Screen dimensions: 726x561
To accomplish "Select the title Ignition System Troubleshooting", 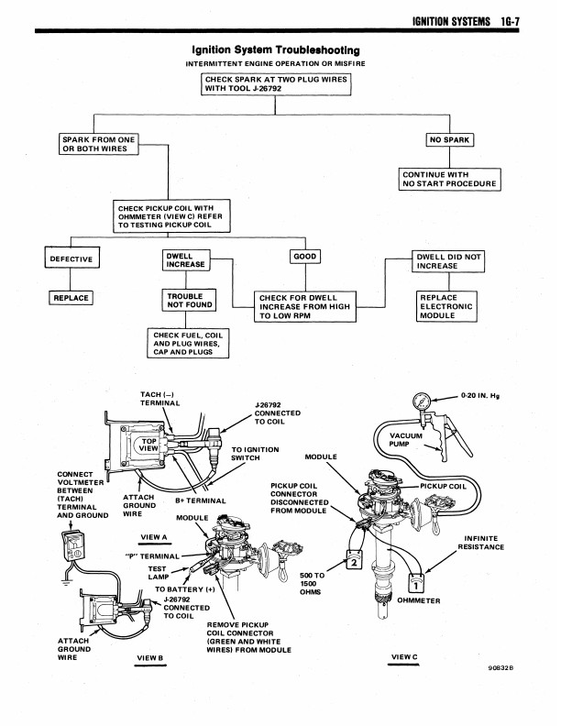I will [275, 49].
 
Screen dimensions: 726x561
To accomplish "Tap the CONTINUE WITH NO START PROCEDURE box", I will [449, 179].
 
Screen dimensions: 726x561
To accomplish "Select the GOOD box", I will [305, 257].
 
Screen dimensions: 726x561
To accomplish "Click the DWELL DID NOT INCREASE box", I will [447, 260].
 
